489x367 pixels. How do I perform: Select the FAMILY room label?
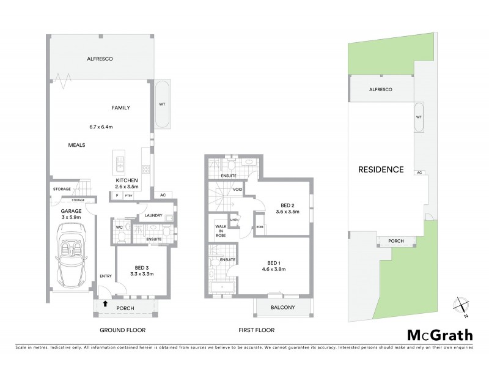(x=120, y=108)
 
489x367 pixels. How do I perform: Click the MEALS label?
(x=76, y=145)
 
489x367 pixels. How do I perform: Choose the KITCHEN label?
(x=128, y=181)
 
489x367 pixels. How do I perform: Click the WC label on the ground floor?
(x=120, y=228)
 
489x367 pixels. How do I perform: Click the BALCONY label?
(x=283, y=307)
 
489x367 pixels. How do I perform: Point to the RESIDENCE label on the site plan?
(x=381, y=169)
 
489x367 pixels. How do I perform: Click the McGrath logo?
(x=439, y=334)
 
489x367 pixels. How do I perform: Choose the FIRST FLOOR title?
(x=257, y=330)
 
